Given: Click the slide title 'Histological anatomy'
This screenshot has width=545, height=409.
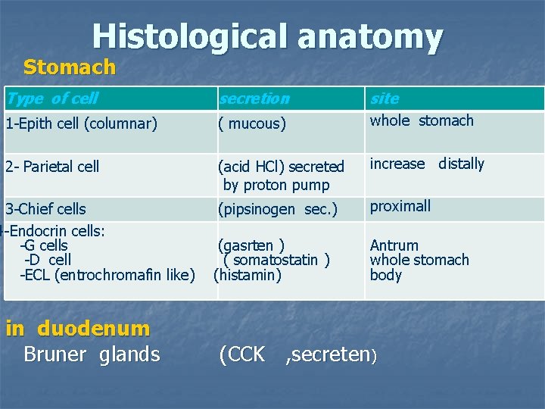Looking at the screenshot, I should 267,36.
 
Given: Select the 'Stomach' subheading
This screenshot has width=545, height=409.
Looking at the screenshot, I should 70,67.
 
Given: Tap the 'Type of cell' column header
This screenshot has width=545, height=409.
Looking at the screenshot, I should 52,98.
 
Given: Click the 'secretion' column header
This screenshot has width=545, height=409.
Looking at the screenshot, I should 254,98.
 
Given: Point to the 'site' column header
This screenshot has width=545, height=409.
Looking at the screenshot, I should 385,98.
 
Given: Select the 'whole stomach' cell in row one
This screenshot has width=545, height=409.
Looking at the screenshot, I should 422,120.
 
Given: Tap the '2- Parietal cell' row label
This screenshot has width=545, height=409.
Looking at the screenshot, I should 52,167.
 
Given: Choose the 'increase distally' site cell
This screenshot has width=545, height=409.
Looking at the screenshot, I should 427,164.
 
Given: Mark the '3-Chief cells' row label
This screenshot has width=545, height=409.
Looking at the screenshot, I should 45,209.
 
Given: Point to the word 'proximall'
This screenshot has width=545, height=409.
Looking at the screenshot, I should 400,206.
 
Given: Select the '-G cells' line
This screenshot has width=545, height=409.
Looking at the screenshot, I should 44,245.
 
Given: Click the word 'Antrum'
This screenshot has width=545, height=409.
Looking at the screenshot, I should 394,245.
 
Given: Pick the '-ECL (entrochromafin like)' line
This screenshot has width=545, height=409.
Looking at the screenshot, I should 107,275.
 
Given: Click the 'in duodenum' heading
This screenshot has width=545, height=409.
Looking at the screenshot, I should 78,328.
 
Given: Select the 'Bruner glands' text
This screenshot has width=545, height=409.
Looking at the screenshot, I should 92,354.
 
